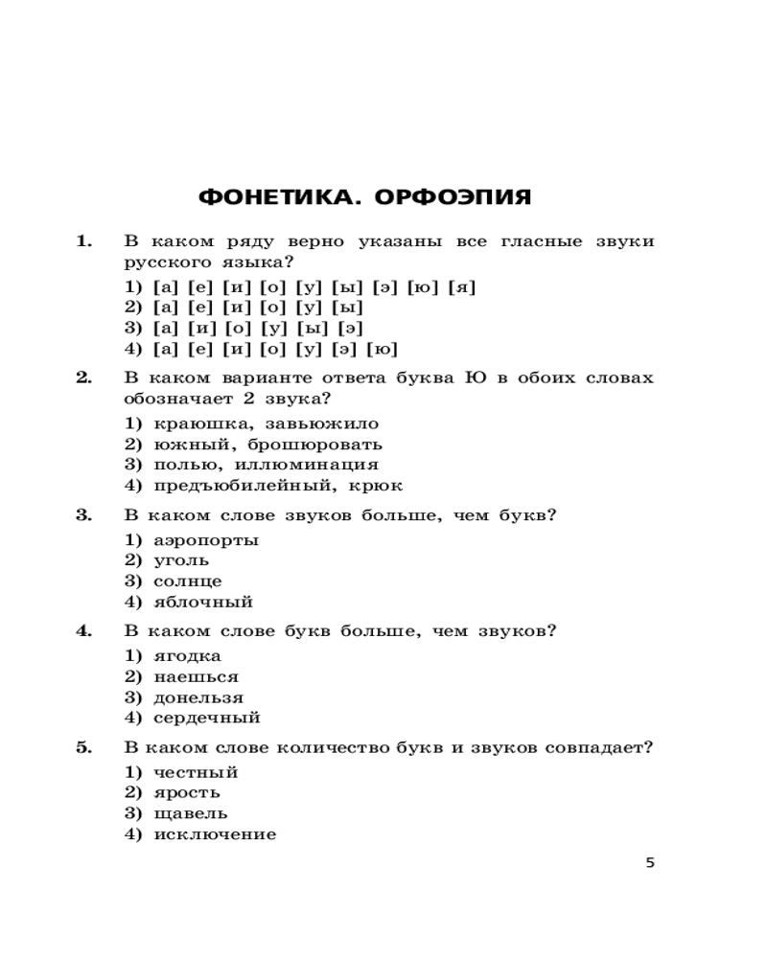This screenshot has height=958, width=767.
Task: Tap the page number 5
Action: [x=650, y=862]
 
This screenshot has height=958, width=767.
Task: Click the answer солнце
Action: [x=188, y=581]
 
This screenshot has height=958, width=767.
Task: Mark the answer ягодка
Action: [x=188, y=655]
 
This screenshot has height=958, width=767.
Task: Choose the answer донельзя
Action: [x=198, y=697]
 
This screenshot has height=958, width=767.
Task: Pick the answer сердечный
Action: [x=207, y=718]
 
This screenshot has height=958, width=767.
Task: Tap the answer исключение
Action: [x=215, y=834]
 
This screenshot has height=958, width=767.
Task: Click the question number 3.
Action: [x=83, y=514]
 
